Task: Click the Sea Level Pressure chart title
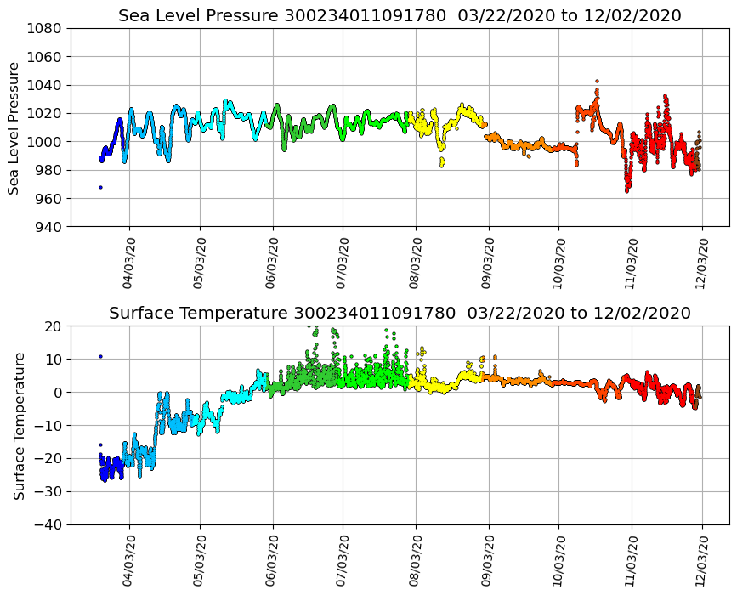pyautogui.click(x=400, y=16)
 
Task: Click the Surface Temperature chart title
pyautogui.click(x=400, y=314)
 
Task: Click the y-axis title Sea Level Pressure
pyautogui.click(x=14, y=127)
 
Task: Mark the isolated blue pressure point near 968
pyautogui.click(x=100, y=187)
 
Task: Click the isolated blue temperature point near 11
pyautogui.click(x=100, y=356)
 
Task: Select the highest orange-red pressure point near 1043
pyautogui.click(x=597, y=82)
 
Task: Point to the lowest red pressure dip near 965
pyautogui.click(x=627, y=190)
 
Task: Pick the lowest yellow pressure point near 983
pyautogui.click(x=441, y=165)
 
